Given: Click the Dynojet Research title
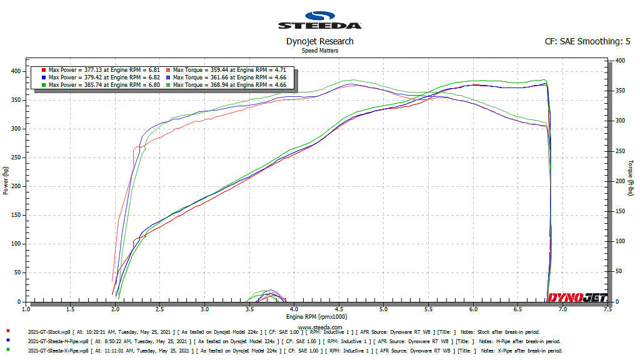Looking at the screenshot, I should coord(319,41).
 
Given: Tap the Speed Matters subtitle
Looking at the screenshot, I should coord(319,51).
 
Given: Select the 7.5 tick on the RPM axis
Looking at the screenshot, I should coord(607,309).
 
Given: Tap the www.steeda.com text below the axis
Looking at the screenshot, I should coord(319,326).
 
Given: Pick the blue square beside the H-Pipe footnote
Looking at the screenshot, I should coord(7,340).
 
